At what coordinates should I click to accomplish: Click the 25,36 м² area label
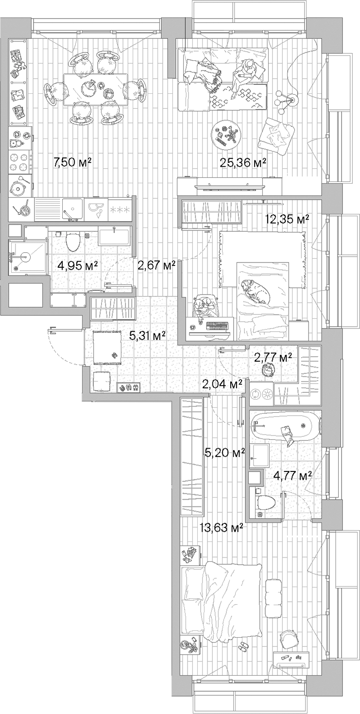(243, 163)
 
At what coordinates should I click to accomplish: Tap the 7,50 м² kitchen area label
(72, 162)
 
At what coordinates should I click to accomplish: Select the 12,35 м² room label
(287, 219)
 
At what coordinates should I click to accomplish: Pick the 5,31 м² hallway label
(148, 335)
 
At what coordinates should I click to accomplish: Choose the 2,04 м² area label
(222, 384)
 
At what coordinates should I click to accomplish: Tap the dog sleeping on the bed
(256, 291)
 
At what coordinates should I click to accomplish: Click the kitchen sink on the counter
(72, 209)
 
